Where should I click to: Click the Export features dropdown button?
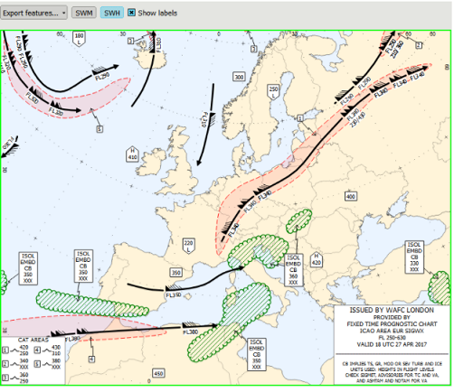(33, 14)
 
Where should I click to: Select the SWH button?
(111, 14)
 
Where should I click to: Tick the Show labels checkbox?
(132, 14)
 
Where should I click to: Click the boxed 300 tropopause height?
(239, 78)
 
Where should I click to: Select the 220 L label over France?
(189, 244)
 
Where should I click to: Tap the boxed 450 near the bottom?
(158, 373)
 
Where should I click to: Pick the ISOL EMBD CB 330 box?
(415, 257)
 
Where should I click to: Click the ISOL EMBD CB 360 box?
(292, 268)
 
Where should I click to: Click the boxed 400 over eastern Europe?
(351, 195)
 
